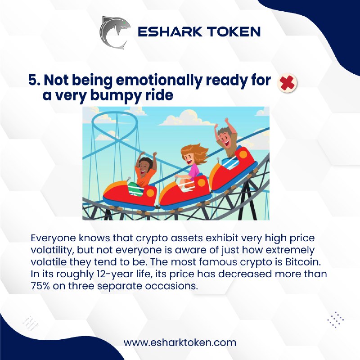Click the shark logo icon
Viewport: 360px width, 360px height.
point(114,32)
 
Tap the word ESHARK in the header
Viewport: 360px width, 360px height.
point(170,31)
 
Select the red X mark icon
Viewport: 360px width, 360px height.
point(287,83)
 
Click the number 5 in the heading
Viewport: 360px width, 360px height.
point(33,80)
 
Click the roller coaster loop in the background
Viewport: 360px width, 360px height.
point(114,129)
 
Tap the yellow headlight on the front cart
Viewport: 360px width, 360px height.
point(150,193)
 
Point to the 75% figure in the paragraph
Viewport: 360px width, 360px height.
point(40,286)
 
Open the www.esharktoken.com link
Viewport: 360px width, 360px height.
point(180,342)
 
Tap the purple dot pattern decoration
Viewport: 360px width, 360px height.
point(335,319)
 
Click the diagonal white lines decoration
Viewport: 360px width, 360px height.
point(30,324)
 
